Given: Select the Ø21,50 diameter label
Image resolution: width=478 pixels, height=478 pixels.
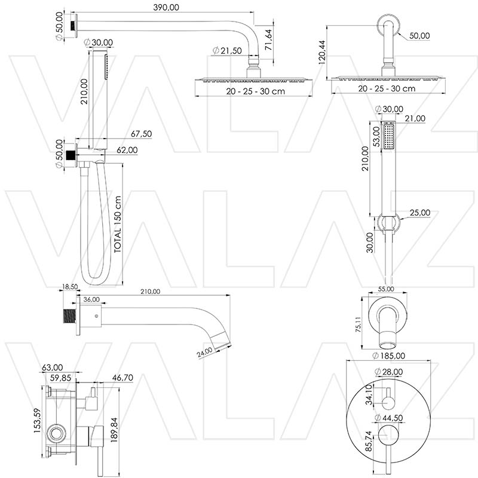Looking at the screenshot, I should (228, 51).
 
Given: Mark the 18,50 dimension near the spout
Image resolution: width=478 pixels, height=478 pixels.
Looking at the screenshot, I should (71, 287).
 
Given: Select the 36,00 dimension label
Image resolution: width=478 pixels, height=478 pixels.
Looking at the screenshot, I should (91, 299).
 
